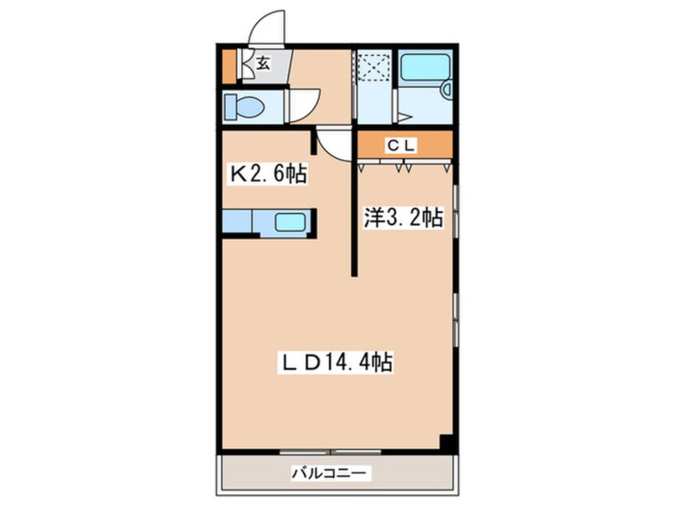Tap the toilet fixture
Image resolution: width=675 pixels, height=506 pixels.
click(x=239, y=105)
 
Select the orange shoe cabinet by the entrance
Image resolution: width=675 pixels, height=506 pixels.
click(x=230, y=67)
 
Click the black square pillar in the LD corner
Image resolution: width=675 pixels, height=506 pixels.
click(x=446, y=441)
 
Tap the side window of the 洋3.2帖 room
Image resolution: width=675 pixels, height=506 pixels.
click(x=455, y=211)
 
